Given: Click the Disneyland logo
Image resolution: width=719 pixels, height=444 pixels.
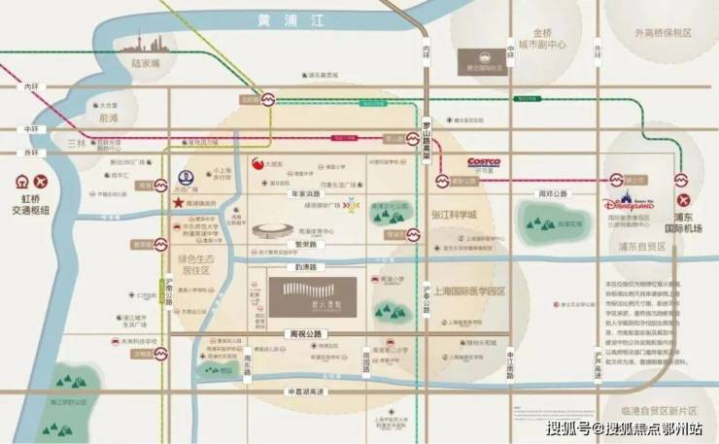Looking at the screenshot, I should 632,203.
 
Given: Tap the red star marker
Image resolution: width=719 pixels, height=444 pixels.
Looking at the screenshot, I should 178,203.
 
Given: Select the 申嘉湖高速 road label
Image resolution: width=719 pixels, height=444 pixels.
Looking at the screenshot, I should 301,392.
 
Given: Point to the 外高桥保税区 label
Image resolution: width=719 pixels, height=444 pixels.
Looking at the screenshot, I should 663,32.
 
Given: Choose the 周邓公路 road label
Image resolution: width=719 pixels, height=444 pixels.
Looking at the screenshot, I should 552,194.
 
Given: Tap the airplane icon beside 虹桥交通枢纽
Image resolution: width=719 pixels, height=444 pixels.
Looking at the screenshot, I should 40,182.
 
